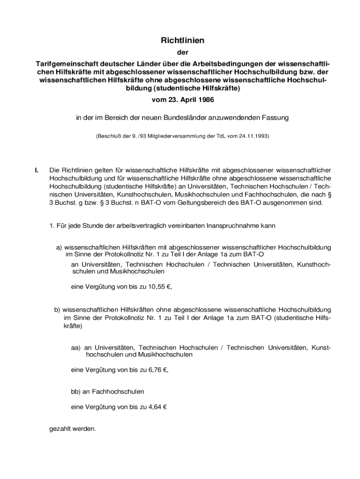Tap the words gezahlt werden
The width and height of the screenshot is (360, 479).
72,428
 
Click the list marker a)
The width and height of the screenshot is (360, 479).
59,247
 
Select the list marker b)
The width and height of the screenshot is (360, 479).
57,309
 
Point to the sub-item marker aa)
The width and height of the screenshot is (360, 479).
76,348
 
